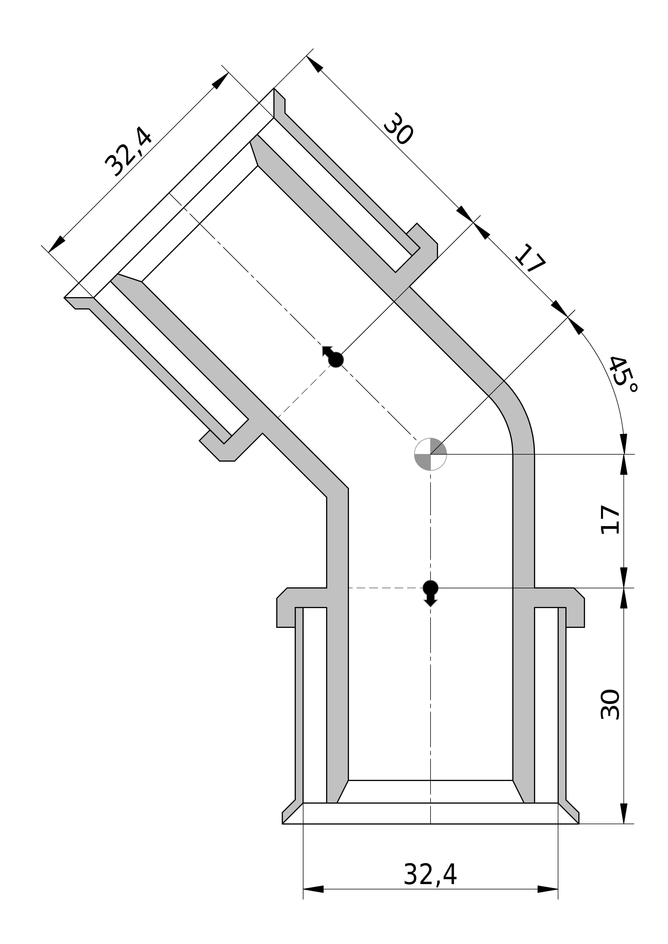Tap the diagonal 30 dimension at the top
tap(398, 129)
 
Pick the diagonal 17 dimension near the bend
tap(530, 258)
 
